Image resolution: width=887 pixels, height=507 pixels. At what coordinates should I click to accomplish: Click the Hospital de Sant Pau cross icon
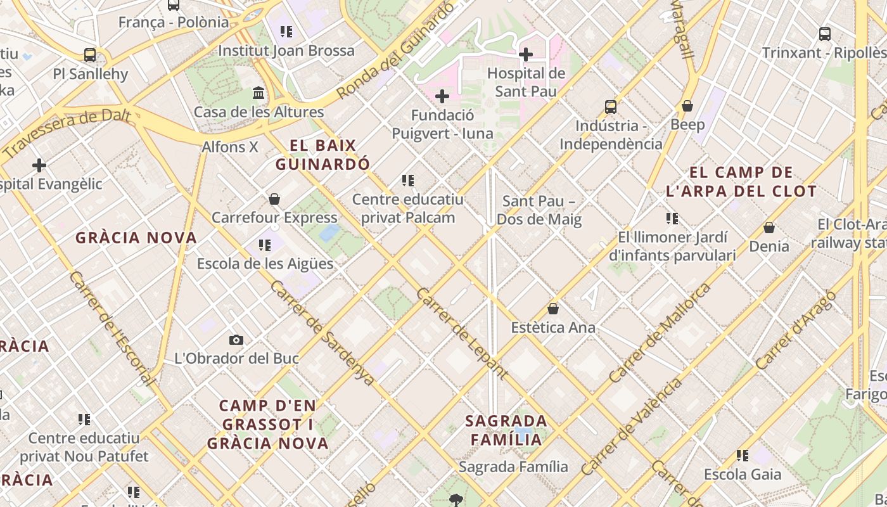[x=525, y=55]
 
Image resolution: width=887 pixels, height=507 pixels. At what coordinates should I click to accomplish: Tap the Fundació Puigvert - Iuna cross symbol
[x=442, y=96]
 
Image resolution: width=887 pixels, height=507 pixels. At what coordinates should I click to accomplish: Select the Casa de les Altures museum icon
[x=258, y=93]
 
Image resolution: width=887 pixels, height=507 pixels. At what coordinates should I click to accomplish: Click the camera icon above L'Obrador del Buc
[x=236, y=340]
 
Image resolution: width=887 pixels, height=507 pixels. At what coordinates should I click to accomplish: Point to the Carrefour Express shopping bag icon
[x=274, y=200]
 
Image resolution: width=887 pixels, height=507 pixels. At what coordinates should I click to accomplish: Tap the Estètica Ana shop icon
[x=553, y=309]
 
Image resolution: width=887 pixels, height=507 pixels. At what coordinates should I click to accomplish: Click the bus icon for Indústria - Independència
[x=611, y=106]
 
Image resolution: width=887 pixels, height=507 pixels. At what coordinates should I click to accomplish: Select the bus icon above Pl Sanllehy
[x=90, y=55]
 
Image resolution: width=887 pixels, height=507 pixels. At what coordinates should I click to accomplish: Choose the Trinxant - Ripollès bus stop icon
[x=825, y=34]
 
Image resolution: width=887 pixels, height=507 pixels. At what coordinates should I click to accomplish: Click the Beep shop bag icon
[x=687, y=106]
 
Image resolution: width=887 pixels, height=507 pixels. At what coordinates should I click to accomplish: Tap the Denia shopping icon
[x=769, y=228]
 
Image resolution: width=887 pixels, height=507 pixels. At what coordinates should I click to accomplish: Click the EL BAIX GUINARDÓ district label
[x=322, y=155]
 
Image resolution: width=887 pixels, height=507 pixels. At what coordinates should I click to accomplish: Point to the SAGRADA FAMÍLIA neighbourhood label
[x=506, y=430]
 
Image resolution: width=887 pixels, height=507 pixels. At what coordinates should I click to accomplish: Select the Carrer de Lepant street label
[x=461, y=333]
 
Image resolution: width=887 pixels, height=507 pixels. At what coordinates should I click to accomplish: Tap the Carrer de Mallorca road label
[x=660, y=333]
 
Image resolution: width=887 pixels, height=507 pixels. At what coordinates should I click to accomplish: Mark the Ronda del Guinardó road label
[x=395, y=51]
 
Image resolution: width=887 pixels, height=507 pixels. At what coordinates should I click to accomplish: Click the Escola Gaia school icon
[x=743, y=456]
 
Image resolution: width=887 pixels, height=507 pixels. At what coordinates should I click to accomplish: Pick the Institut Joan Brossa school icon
[x=286, y=32]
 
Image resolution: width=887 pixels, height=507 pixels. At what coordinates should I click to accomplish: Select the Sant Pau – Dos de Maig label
[x=539, y=210]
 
